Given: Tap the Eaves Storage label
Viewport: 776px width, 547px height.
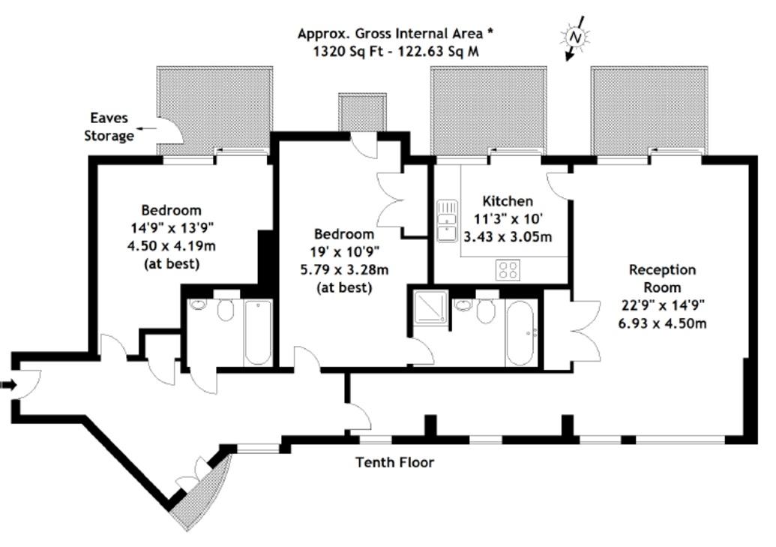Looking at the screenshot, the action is pyautogui.click(x=109, y=127).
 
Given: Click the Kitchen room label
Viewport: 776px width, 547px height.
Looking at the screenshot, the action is pyautogui.click(x=508, y=201).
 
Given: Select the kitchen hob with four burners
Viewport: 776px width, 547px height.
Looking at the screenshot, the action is pyautogui.click(x=508, y=270).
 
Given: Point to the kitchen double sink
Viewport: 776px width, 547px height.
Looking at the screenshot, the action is pyautogui.click(x=447, y=221).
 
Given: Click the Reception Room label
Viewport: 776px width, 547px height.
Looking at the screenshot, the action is pyautogui.click(x=662, y=278).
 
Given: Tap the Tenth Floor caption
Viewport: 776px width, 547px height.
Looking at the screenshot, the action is pyautogui.click(x=395, y=462).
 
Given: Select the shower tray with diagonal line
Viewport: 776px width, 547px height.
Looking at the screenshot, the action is pyautogui.click(x=431, y=307).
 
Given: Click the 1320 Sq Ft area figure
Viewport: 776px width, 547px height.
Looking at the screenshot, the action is pyautogui.click(x=348, y=52).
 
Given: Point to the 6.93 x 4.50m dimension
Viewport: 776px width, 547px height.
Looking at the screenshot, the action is pyautogui.click(x=662, y=323).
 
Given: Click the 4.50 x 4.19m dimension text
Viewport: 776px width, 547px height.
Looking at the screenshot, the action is pyautogui.click(x=171, y=246).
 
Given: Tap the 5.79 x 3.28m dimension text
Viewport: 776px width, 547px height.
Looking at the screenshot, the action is pyautogui.click(x=344, y=269).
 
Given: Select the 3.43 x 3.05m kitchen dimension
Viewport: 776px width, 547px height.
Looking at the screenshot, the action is pyautogui.click(x=508, y=237).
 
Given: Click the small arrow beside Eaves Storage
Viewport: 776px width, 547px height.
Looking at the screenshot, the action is pyautogui.click(x=146, y=129).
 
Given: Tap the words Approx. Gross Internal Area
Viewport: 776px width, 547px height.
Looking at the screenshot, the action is pyautogui.click(x=390, y=34).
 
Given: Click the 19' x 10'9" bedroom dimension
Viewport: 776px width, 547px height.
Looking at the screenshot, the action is pyautogui.click(x=344, y=251).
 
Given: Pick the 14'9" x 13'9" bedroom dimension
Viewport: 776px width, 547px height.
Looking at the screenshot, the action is pyautogui.click(x=171, y=228).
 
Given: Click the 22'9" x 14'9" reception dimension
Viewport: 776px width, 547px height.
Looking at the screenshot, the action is pyautogui.click(x=662, y=305).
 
